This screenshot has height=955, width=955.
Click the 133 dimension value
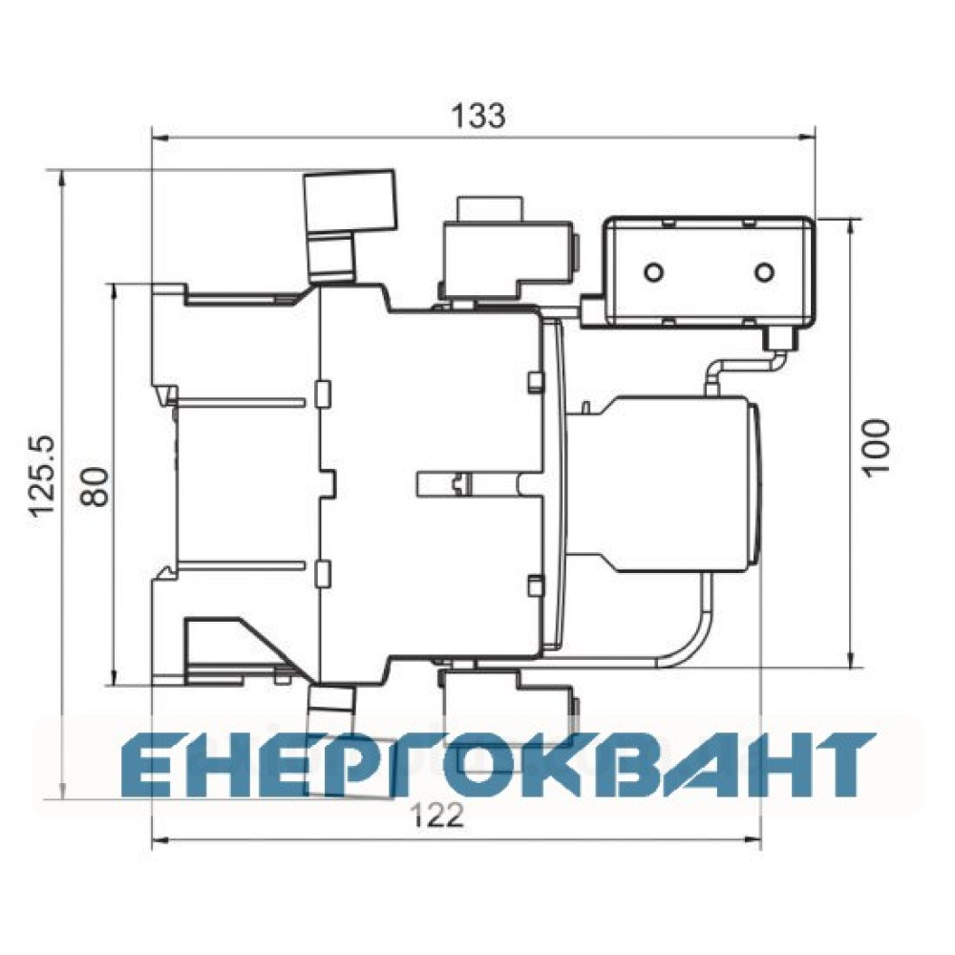pyautogui.click(x=478, y=116)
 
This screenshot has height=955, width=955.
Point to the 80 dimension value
pyautogui.click(x=95, y=487)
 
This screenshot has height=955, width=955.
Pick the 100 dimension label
pyautogui.click(x=876, y=446)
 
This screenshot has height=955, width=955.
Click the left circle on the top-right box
pyautogui.click(x=654, y=271)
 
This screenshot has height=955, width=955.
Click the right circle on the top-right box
pyautogui.click(x=764, y=271)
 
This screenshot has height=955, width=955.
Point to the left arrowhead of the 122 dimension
pyautogui.click(x=160, y=839)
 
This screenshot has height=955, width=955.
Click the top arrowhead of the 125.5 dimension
pyautogui.click(x=61, y=180)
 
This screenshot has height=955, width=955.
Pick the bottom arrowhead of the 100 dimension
pyautogui.click(x=851, y=659)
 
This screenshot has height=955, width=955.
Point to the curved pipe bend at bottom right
pyautogui.click(x=693, y=640)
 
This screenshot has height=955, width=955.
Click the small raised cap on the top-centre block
pyautogui.click(x=491, y=209)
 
